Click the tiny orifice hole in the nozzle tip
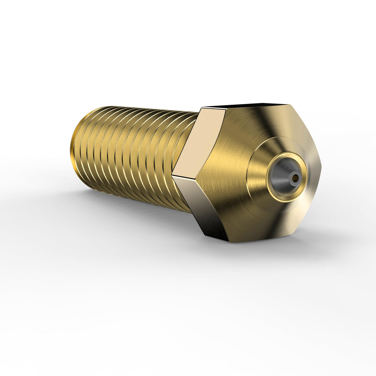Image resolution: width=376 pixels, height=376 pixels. point(296,177)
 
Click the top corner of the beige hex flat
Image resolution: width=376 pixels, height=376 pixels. point(203,108)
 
